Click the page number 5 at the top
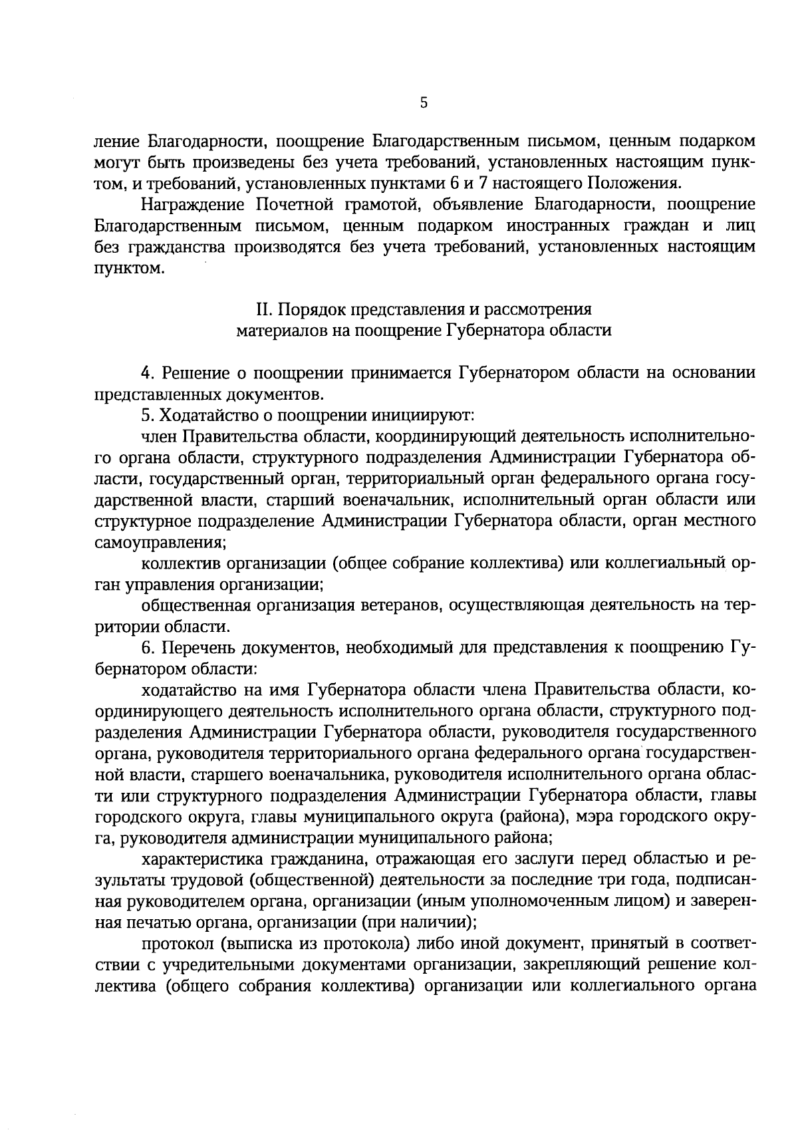[x=424, y=102]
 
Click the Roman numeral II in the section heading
[x=263, y=309]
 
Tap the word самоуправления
[x=160, y=542]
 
